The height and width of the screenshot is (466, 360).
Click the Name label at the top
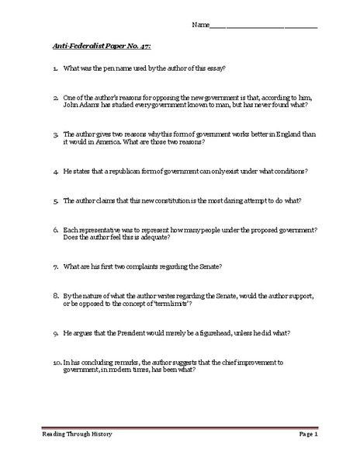[x=201, y=25]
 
